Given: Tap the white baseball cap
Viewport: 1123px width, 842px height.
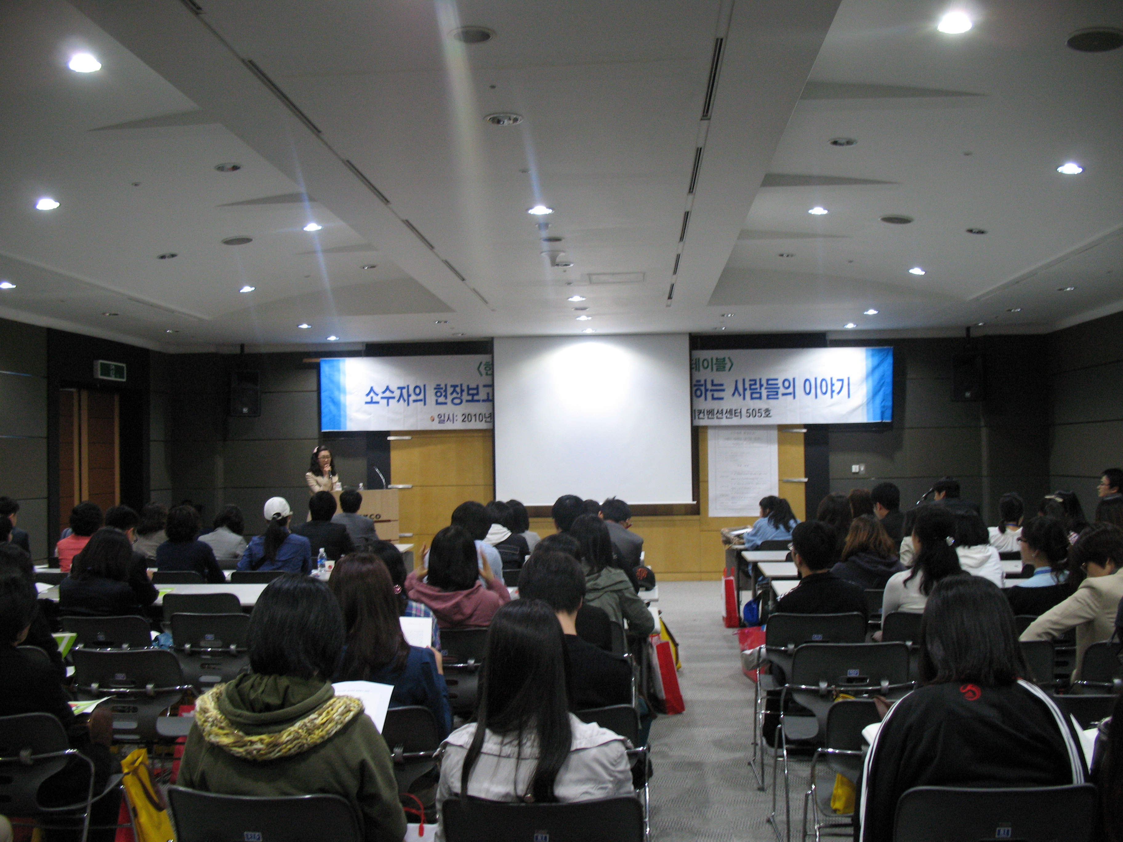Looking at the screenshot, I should coord(277,508).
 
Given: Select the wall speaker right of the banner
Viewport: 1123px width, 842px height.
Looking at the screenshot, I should coord(967,378).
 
